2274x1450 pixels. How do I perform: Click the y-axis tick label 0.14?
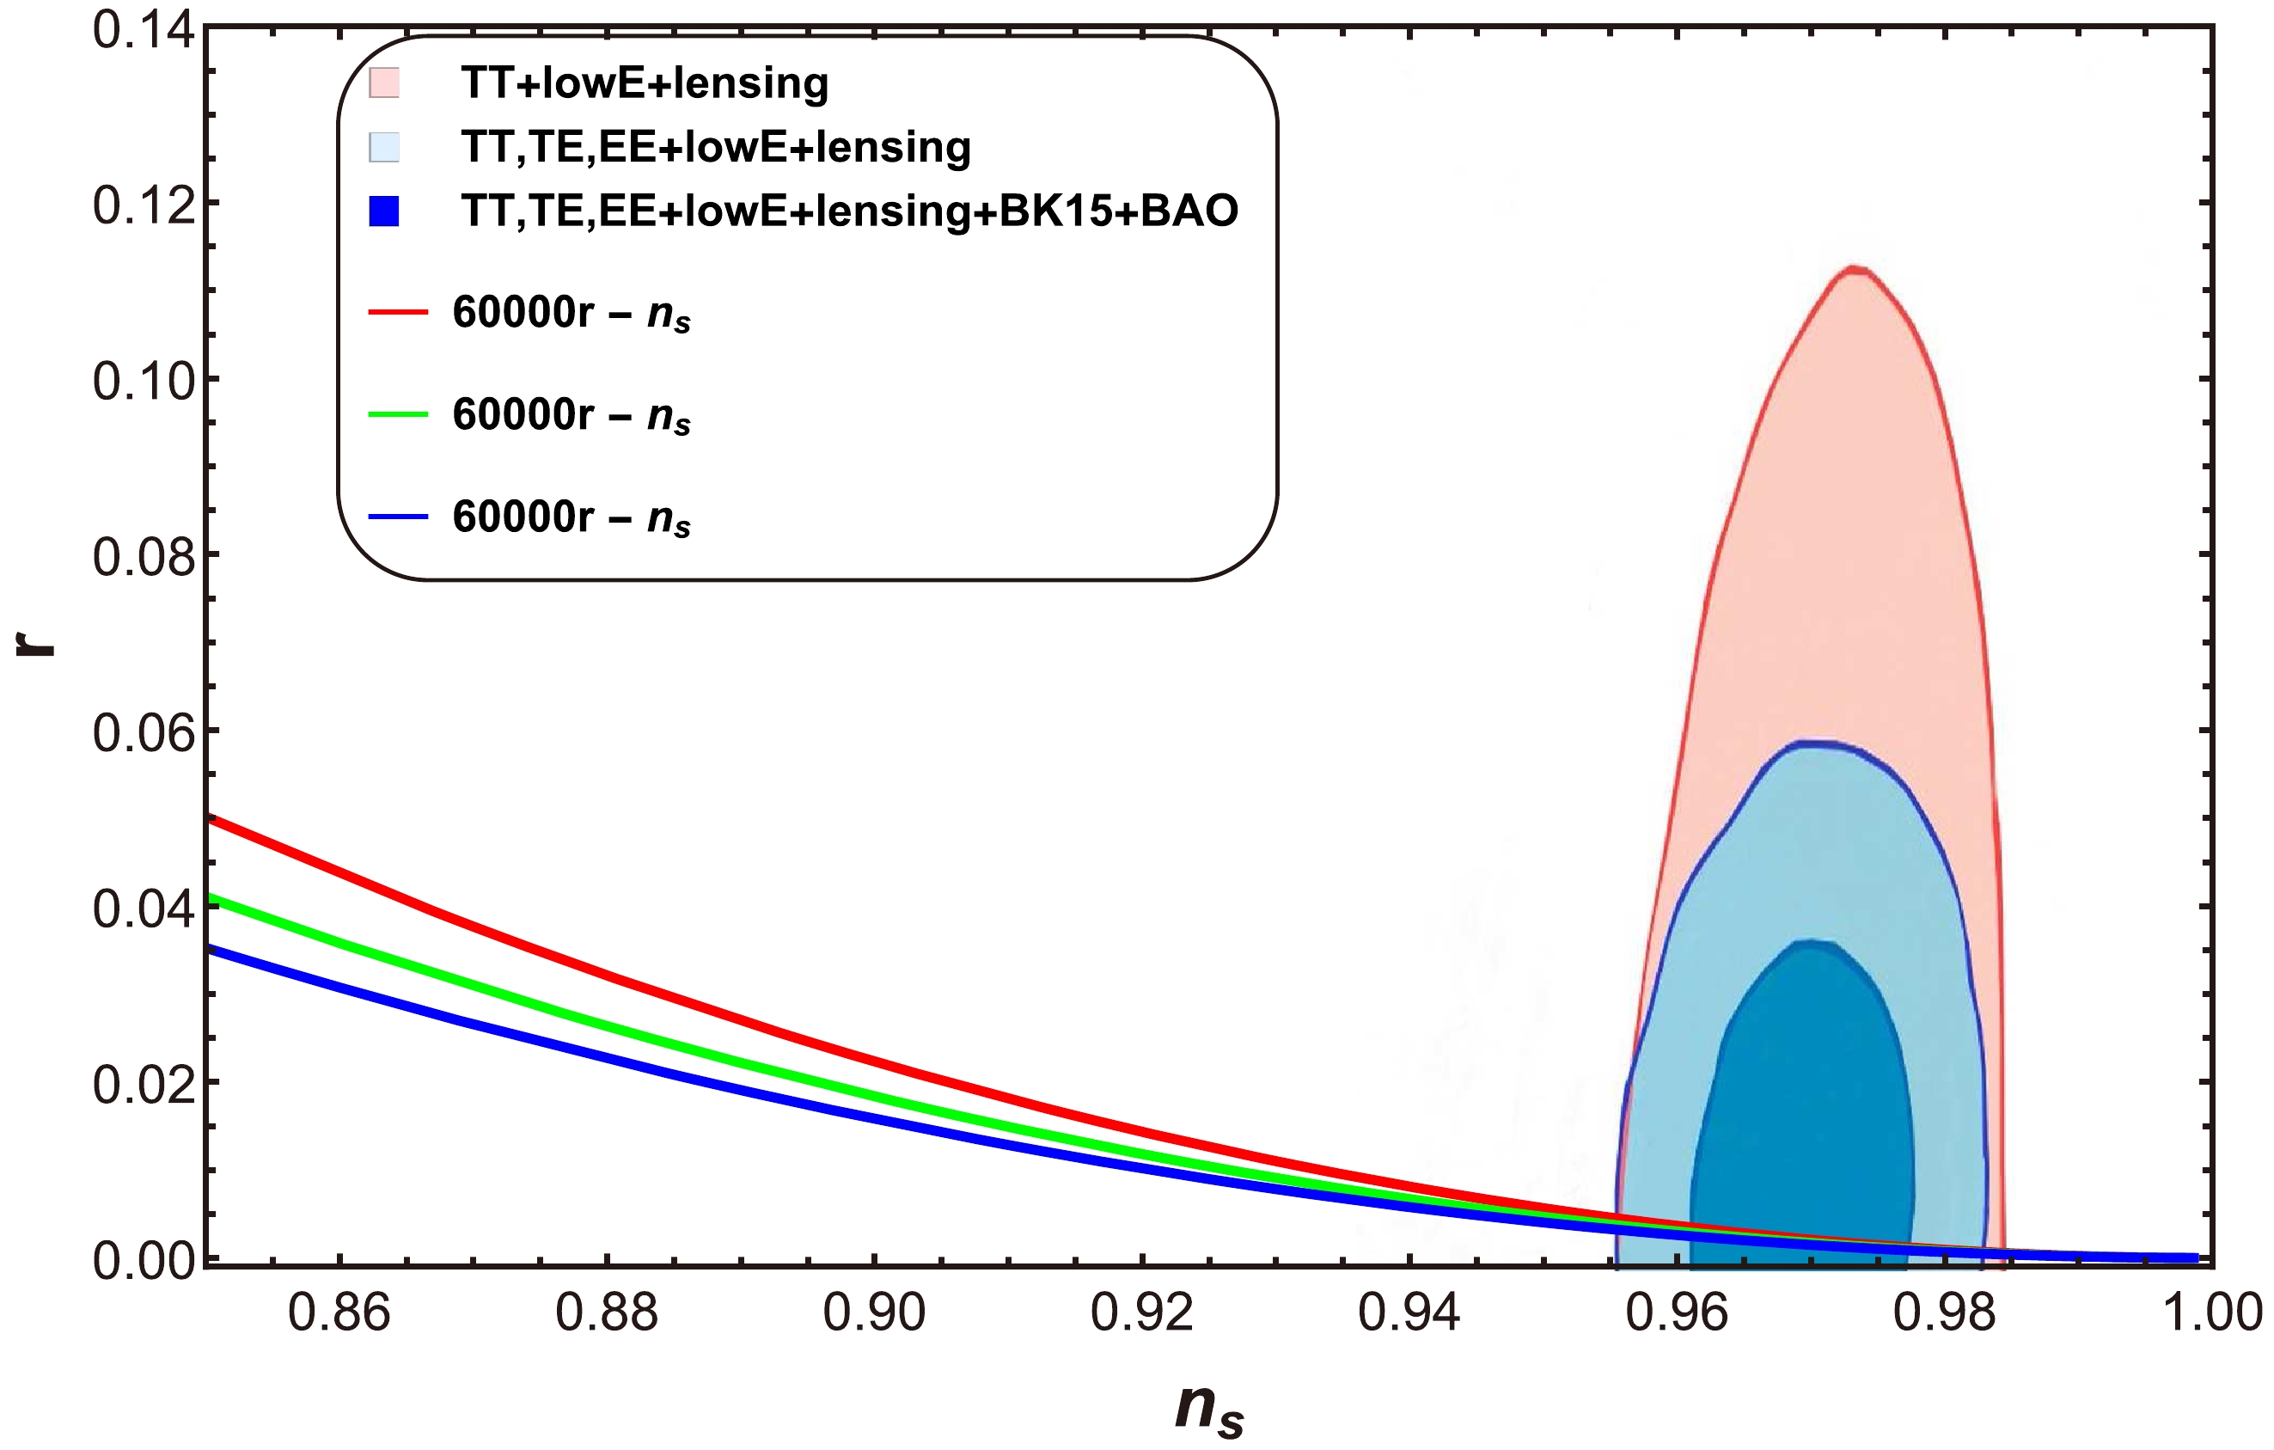pos(144,30)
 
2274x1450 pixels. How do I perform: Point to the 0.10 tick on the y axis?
pos(144,381)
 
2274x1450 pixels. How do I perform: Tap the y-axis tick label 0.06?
pos(144,733)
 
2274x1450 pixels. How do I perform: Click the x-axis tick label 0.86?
pos(339,1313)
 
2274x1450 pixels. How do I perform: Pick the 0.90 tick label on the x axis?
pos(875,1313)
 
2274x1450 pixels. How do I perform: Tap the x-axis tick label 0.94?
pos(1409,1313)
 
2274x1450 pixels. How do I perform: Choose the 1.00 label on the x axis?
pos(2211,1313)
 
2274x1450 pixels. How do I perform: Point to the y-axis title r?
pos(38,645)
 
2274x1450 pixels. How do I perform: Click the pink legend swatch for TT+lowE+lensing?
pos(384,83)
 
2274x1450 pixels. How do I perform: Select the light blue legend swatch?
pos(384,146)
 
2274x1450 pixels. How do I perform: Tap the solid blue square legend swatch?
pos(384,211)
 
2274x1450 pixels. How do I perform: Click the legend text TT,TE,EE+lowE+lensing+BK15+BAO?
pos(849,211)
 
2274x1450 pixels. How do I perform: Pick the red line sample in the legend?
pos(398,311)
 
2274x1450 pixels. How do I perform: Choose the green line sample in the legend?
pos(398,413)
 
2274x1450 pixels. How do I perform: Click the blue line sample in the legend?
pos(398,517)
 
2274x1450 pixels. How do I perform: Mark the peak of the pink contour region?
pos(1855,271)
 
